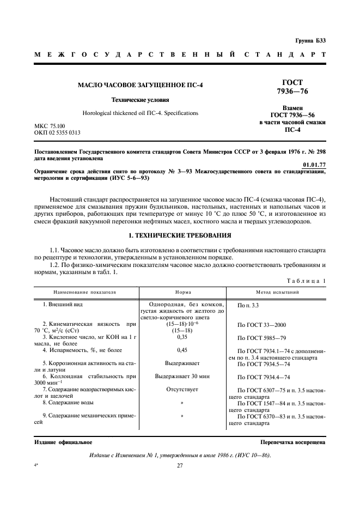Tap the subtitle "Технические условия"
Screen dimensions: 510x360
(140, 100)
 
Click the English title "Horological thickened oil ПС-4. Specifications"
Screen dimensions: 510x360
(140, 113)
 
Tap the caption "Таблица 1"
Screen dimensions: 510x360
(308, 281)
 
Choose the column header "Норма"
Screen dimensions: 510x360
(182, 292)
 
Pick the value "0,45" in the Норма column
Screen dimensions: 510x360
(182, 350)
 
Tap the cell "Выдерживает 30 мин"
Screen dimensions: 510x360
(182, 376)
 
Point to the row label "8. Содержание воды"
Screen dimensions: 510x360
(68, 403)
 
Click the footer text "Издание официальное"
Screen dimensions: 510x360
(58, 442)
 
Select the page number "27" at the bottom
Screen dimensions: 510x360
(180, 465)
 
